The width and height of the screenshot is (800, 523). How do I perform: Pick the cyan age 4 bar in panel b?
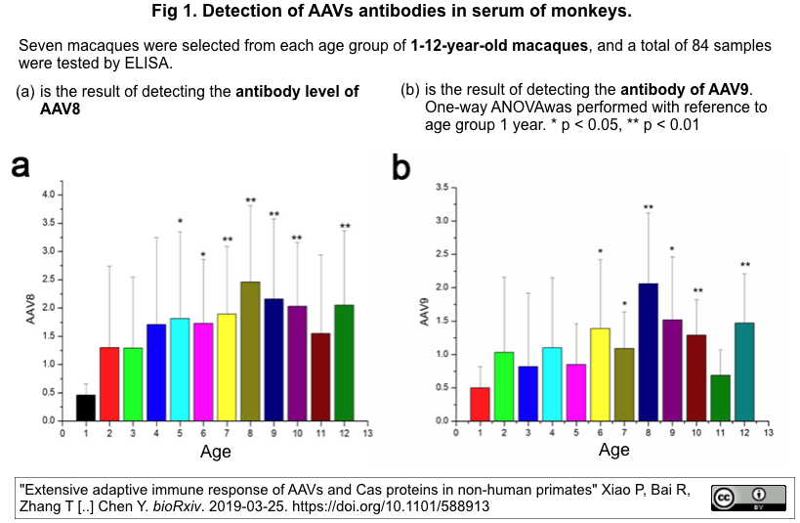tap(553, 383)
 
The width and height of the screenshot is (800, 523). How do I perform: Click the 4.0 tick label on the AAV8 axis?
tap(48, 195)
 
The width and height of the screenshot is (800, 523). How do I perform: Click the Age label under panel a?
tap(215, 452)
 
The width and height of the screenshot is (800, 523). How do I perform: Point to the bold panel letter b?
tap(400, 168)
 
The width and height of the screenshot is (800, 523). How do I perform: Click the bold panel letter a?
tap(20, 167)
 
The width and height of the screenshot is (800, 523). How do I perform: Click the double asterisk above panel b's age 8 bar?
tap(648, 207)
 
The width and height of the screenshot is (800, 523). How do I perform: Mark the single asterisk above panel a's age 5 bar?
tap(180, 221)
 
